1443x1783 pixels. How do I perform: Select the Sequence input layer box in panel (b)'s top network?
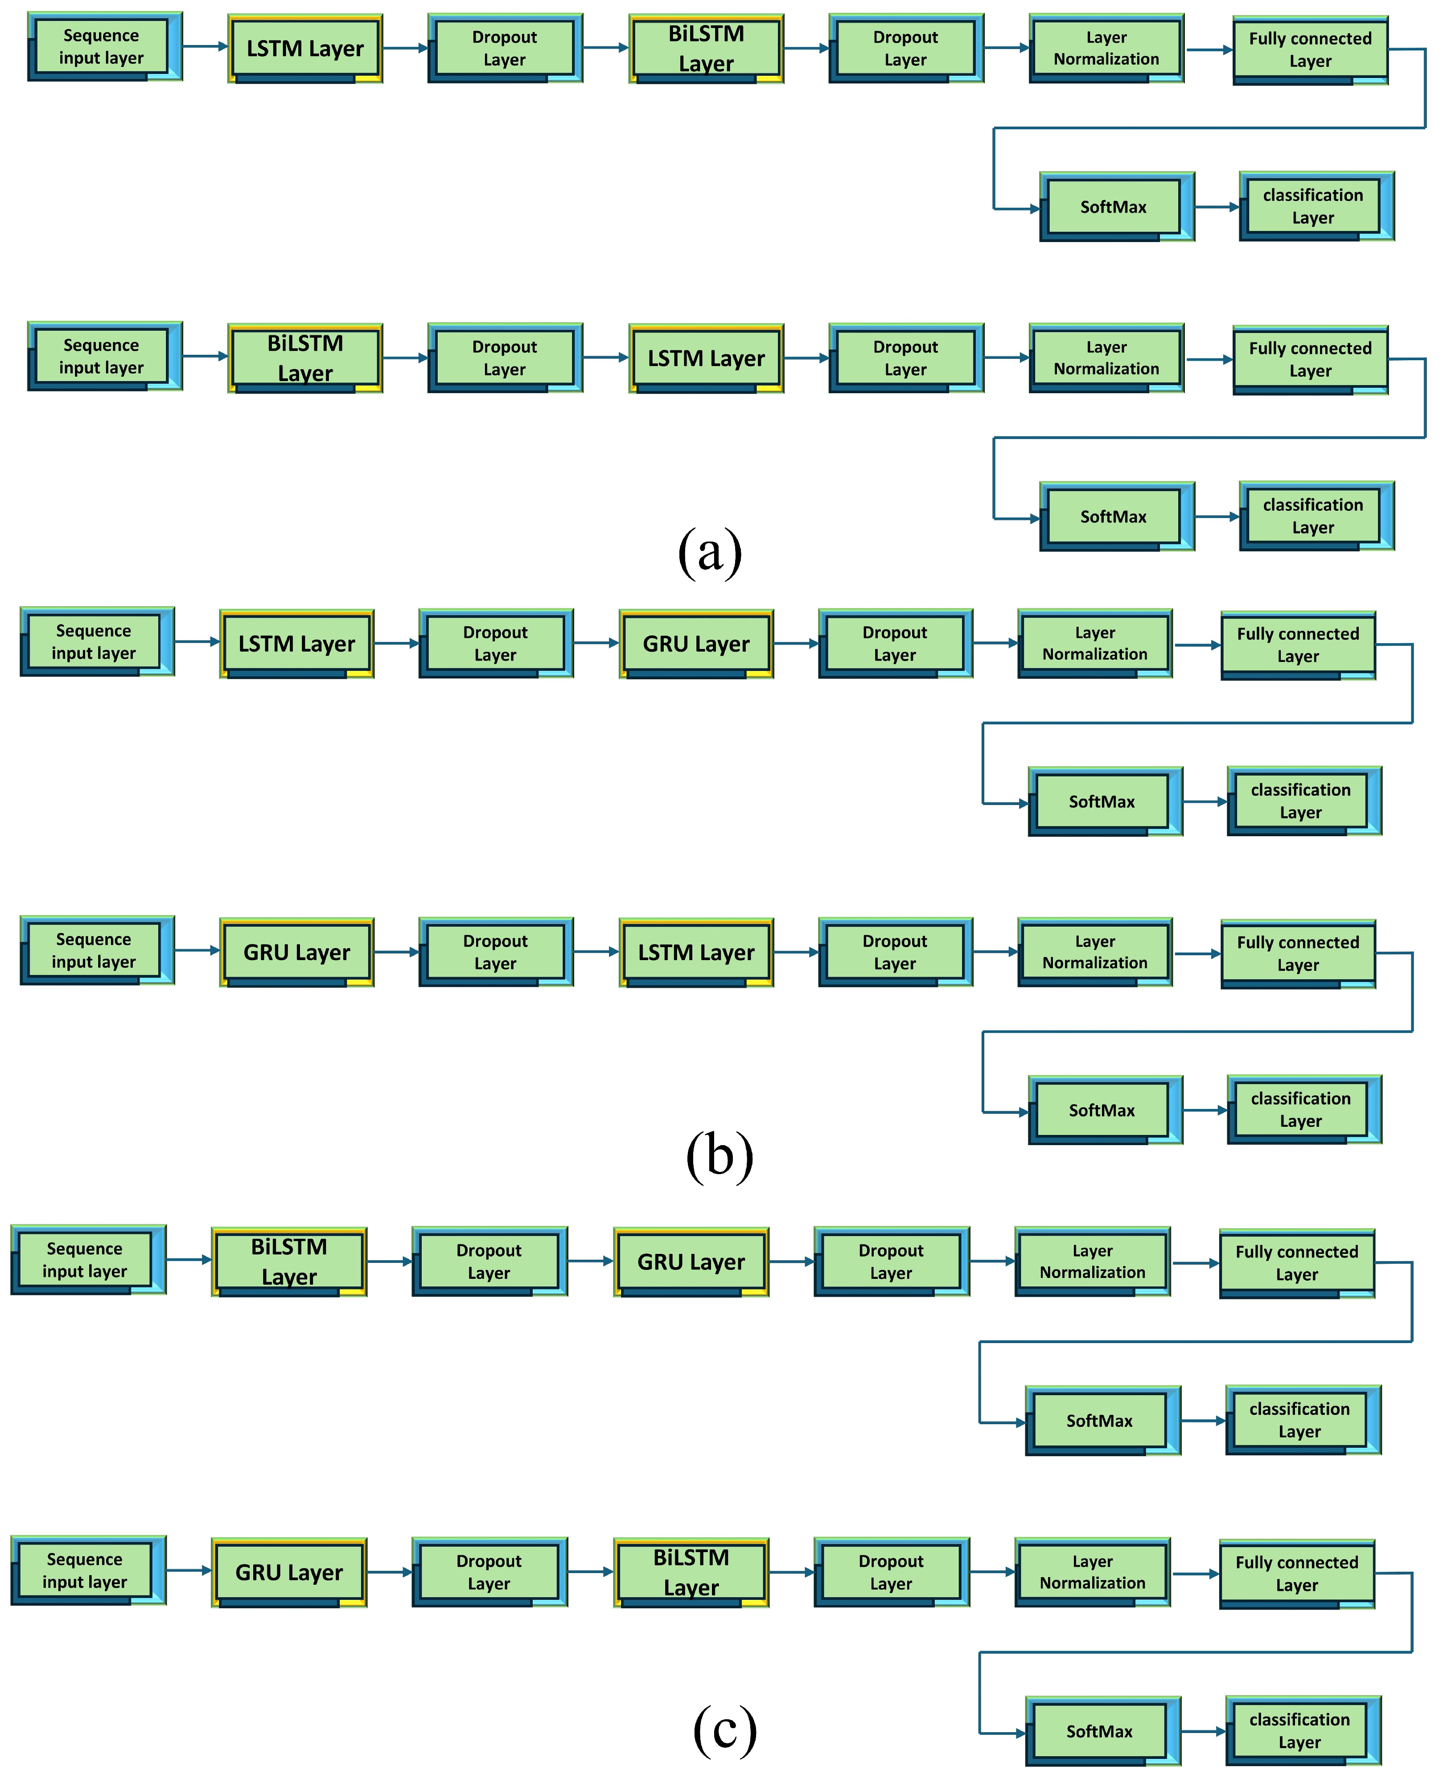[x=94, y=642]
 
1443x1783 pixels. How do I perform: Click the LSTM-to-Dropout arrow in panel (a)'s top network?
[x=405, y=48]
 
